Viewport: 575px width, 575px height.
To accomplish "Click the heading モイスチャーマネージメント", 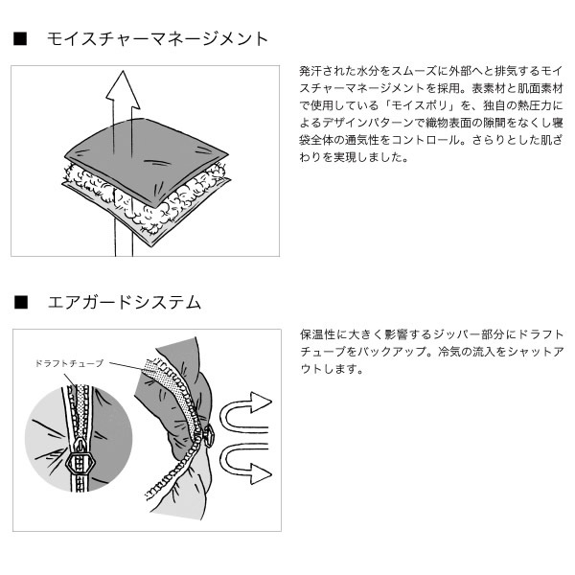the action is coord(158,39).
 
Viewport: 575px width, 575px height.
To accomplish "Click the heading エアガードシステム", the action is coord(125,303).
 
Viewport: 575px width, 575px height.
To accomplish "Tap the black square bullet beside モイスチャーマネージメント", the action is coord(20,39).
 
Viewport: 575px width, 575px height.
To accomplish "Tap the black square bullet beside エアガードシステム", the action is coord(21,302).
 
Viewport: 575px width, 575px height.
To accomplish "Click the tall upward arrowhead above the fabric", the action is coord(123,87).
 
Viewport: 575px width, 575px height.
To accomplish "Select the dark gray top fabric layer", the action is coord(147,158).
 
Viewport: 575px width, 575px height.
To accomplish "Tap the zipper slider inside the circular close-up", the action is coord(80,459).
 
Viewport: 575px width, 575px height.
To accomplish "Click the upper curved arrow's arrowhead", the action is coord(261,402).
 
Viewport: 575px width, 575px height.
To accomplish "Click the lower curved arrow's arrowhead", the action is coord(261,473).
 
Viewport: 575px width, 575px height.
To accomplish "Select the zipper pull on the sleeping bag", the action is coord(209,435).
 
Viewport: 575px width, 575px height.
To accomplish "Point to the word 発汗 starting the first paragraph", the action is coord(310,71).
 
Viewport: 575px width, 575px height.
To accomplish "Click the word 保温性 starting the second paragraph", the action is coord(317,334).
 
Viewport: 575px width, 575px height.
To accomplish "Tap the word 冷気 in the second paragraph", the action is coord(449,352).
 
